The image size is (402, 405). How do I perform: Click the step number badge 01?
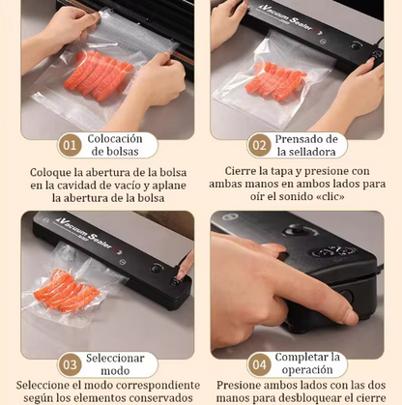tap(69, 146)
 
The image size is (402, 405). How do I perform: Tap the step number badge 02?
tap(258, 146)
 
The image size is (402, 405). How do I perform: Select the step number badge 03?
tap(69, 364)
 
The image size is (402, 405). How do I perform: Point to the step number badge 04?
tap(258, 364)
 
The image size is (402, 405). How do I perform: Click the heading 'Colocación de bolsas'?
tap(115, 146)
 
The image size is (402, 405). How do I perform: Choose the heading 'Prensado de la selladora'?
tap(305, 146)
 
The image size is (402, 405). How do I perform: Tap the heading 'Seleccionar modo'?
tap(115, 364)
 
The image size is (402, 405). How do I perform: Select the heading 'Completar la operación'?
tap(305, 364)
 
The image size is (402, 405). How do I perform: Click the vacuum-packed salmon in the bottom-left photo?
tap(68, 288)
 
